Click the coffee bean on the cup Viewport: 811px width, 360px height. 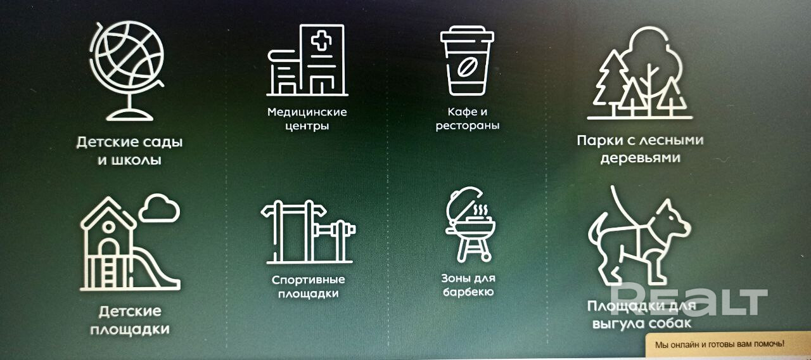coord(467,67)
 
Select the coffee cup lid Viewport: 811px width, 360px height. coord(467,34)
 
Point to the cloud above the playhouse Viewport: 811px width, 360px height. coord(159,209)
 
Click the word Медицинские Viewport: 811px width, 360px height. coord(307,112)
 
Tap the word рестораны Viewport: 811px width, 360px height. coord(467,125)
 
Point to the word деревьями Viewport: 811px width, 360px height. coord(641,158)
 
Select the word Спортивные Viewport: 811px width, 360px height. coord(308,280)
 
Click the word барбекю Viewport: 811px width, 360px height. coord(468,292)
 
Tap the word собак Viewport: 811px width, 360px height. coord(668,323)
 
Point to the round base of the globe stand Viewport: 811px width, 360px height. coord(130,115)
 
